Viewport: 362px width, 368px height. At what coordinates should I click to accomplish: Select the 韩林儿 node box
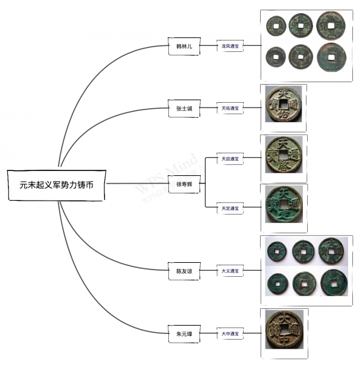(184, 45)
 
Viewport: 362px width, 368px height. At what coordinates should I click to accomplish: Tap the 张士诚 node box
(184, 108)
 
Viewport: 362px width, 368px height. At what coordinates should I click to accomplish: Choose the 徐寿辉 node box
(184, 184)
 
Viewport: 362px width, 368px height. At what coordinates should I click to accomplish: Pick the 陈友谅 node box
(184, 271)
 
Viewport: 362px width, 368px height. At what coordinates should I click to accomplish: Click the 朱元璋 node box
(184, 332)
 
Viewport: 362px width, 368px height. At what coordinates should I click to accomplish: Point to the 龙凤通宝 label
(230, 45)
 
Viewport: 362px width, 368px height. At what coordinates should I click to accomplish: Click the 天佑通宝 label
(230, 108)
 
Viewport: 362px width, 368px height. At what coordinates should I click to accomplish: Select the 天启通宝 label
(230, 159)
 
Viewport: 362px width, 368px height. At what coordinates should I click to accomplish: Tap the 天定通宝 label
(230, 208)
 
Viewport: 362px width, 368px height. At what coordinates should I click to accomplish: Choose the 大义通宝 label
(230, 271)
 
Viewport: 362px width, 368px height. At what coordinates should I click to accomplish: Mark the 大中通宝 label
(230, 332)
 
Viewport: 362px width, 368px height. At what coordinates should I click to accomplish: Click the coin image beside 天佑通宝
(285, 108)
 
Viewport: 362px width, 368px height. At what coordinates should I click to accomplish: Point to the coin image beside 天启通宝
(285, 157)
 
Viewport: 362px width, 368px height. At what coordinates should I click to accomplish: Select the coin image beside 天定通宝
(285, 207)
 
